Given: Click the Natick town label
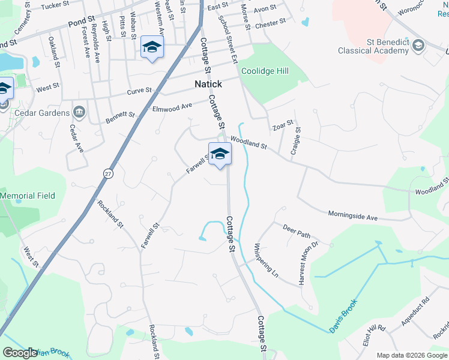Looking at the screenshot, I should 208,84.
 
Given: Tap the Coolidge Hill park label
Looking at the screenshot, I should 265,71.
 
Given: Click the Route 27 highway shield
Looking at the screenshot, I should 108,172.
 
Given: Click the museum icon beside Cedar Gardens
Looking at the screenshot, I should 79,112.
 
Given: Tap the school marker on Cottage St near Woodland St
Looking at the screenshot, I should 220,154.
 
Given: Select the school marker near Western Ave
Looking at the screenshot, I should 152,47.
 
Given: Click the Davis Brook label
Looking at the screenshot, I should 343,316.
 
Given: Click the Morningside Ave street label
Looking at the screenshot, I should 352,215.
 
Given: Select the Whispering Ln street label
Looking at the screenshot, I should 266,259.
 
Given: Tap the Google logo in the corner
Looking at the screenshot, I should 20,353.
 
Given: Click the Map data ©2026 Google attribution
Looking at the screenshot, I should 412,355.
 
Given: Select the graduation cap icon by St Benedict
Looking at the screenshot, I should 418,46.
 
